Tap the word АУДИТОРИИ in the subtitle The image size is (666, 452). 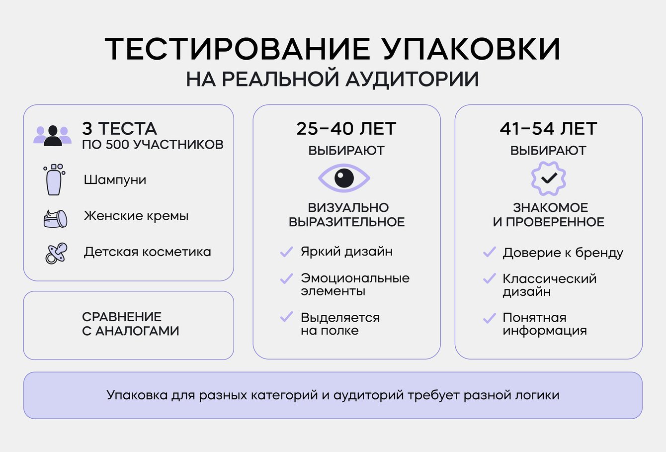tap(412, 79)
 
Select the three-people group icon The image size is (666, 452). tap(52, 136)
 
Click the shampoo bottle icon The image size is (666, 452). tap(54, 180)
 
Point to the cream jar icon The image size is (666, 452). tap(55, 219)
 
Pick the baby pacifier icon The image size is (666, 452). tap(56, 254)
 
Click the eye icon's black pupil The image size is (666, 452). tap(344, 178)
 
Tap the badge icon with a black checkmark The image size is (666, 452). tap(549, 179)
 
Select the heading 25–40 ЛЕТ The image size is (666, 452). tap(346, 128)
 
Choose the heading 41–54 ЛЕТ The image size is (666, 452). tap(549, 128)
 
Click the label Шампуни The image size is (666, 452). tap(115, 180)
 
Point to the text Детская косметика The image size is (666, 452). tap(148, 252)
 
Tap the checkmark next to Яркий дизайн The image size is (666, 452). tap(287, 252)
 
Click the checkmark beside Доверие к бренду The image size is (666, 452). tap(490, 252)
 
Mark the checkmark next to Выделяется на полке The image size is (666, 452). tap(287, 317)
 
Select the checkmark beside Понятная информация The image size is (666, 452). tap(490, 318)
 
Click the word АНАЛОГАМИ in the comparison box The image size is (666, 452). tap(137, 331)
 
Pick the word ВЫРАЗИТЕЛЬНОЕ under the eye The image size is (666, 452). tap(347, 222)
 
